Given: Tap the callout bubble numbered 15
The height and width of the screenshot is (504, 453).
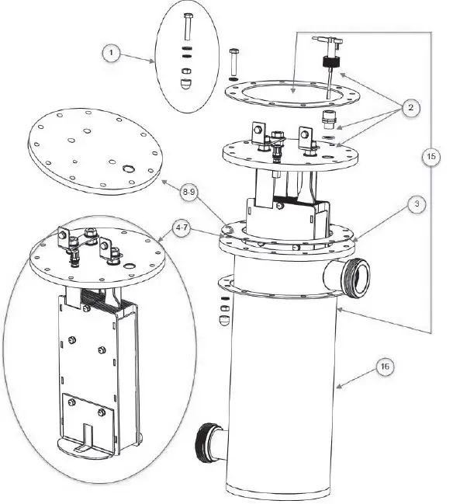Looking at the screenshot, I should tap(432, 155).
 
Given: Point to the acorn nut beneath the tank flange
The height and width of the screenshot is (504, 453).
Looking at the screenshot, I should tap(225, 318).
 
